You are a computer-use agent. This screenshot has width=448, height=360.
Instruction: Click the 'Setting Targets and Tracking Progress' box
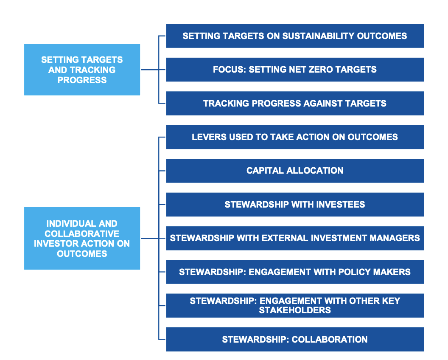[82, 70]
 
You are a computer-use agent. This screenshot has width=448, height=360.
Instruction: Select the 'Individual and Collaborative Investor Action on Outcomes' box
[82, 238]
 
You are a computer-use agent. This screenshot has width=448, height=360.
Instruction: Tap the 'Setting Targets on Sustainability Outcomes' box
[295, 36]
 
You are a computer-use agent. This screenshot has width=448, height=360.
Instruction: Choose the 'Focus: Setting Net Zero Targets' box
[295, 70]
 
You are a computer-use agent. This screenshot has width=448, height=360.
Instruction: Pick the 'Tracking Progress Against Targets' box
[295, 104]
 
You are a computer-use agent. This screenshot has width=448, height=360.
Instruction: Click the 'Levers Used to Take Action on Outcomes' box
[295, 137]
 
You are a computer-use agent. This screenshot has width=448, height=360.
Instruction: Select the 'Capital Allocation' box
[295, 171]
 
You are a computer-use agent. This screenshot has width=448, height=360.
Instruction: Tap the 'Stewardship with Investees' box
[295, 205]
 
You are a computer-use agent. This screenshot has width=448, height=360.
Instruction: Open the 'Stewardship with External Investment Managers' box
[295, 239]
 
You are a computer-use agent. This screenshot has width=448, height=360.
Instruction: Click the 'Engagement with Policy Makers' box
[295, 272]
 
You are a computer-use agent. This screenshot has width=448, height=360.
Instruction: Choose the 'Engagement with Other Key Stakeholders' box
[295, 306]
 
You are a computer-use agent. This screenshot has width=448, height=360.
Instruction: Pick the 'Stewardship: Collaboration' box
[295, 340]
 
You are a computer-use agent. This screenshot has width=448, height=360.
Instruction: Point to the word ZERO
[322, 70]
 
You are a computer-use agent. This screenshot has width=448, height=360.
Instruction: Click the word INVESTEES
[341, 205]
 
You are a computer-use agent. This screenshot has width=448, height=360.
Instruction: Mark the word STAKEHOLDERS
[295, 310]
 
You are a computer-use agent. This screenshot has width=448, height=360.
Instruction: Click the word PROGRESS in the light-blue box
[82, 80]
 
